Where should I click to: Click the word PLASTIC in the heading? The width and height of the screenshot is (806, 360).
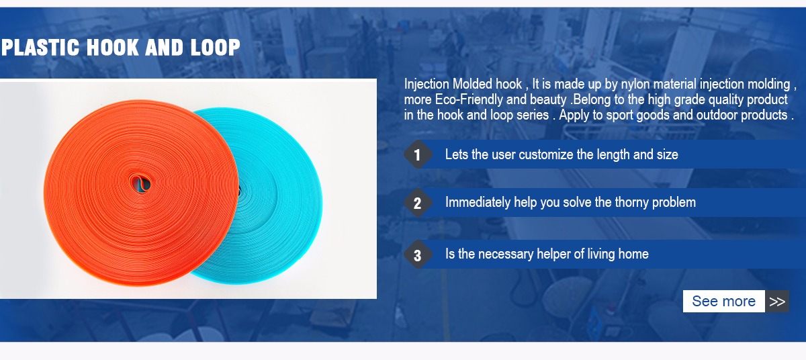(x=40, y=48)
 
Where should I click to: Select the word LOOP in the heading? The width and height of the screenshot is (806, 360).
(x=215, y=48)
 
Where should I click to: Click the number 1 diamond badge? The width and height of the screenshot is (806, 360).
(x=417, y=154)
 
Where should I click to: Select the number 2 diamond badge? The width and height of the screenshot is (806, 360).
(x=417, y=203)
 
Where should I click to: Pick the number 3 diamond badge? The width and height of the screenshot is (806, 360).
(x=417, y=255)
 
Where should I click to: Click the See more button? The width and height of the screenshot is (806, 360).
(x=723, y=301)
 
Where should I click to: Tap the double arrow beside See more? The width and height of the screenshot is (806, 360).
(x=777, y=302)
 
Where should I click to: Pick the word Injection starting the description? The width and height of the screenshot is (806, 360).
(x=427, y=85)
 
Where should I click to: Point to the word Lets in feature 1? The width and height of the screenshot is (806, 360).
(x=457, y=154)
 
